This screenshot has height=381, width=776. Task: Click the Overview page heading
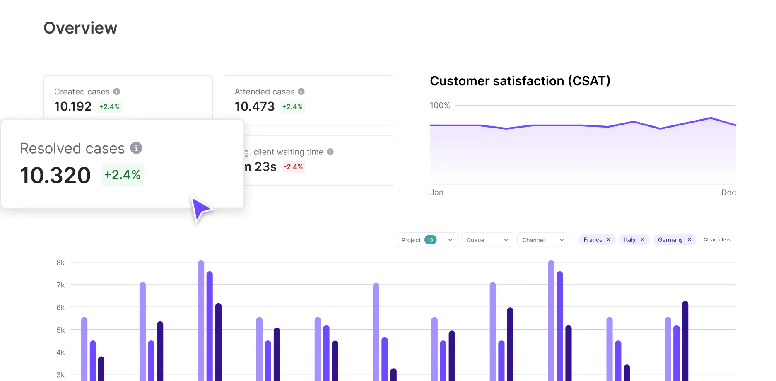[80, 28]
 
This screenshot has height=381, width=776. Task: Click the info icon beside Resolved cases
[136, 148]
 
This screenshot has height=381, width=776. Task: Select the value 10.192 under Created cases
[73, 106]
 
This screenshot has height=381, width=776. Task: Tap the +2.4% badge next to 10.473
[292, 106]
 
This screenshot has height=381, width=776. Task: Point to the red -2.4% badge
[293, 167]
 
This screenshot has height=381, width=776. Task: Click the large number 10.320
[55, 175]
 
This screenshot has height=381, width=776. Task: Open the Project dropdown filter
[450, 240]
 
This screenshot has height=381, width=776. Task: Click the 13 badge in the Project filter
[430, 240]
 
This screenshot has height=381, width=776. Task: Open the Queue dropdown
[487, 240]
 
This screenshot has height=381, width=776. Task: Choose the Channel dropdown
[543, 240]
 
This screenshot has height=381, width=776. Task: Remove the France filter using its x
[608, 240]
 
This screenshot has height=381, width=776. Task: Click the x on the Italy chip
[642, 240]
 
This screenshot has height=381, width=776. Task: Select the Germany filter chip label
[670, 240]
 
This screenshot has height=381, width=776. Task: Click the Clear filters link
[717, 240]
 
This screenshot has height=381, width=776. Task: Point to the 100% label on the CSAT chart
[440, 106]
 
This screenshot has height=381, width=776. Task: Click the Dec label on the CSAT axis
[728, 193]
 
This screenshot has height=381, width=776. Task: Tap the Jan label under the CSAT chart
[436, 193]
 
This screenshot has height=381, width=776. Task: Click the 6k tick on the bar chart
[60, 307]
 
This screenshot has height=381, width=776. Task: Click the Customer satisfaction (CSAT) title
[520, 81]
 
